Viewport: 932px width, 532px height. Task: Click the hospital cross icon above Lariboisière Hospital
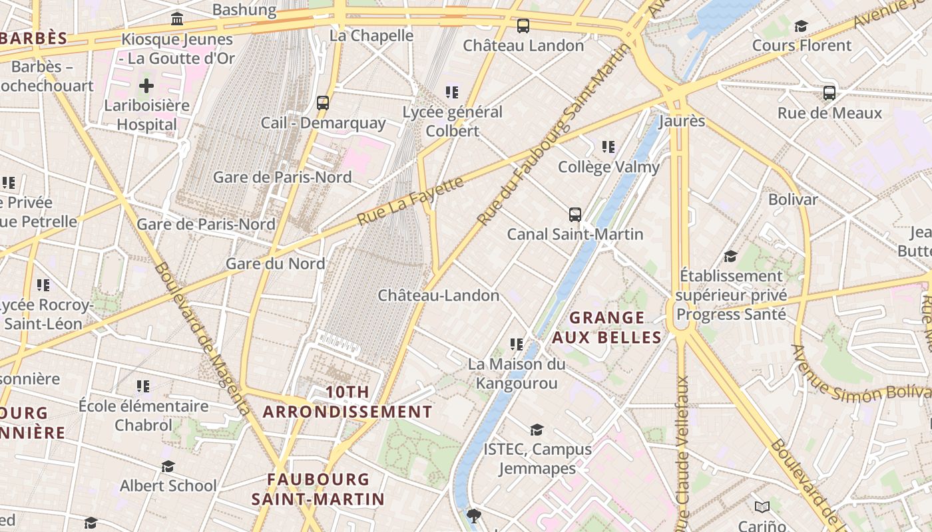pyautogui.click(x=146, y=85)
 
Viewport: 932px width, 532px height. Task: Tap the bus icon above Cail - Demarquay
pyautogui.click(x=323, y=102)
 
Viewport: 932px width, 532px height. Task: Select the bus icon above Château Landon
pyautogui.click(x=523, y=26)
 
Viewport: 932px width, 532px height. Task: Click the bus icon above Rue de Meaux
pyautogui.click(x=829, y=92)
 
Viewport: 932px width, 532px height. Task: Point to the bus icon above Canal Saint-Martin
pyautogui.click(x=575, y=214)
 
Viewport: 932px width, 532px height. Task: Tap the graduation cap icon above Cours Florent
pyautogui.click(x=801, y=26)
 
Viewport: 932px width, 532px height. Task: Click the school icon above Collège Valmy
pyautogui.click(x=608, y=146)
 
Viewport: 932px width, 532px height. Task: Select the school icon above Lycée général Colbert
pyautogui.click(x=452, y=92)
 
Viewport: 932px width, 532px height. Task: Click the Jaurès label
pyautogui.click(x=682, y=121)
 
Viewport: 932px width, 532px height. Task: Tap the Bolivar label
pyautogui.click(x=793, y=199)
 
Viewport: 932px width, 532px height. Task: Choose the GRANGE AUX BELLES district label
pyautogui.click(x=607, y=327)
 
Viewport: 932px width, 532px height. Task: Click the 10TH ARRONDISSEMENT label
pyautogui.click(x=348, y=402)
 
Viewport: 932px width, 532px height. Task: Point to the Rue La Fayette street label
pyautogui.click(x=410, y=201)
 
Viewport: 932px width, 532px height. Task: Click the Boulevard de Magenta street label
pyautogui.click(x=202, y=338)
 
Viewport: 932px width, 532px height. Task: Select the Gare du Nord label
pyautogui.click(x=275, y=263)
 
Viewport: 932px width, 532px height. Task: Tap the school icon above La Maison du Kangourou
pyautogui.click(x=517, y=344)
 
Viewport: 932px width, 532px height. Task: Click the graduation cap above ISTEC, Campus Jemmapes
pyautogui.click(x=537, y=430)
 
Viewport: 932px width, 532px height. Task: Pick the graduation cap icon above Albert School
pyautogui.click(x=168, y=466)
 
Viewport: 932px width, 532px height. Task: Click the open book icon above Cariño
pyautogui.click(x=762, y=507)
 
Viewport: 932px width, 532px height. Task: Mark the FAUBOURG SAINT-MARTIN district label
pyautogui.click(x=318, y=489)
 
